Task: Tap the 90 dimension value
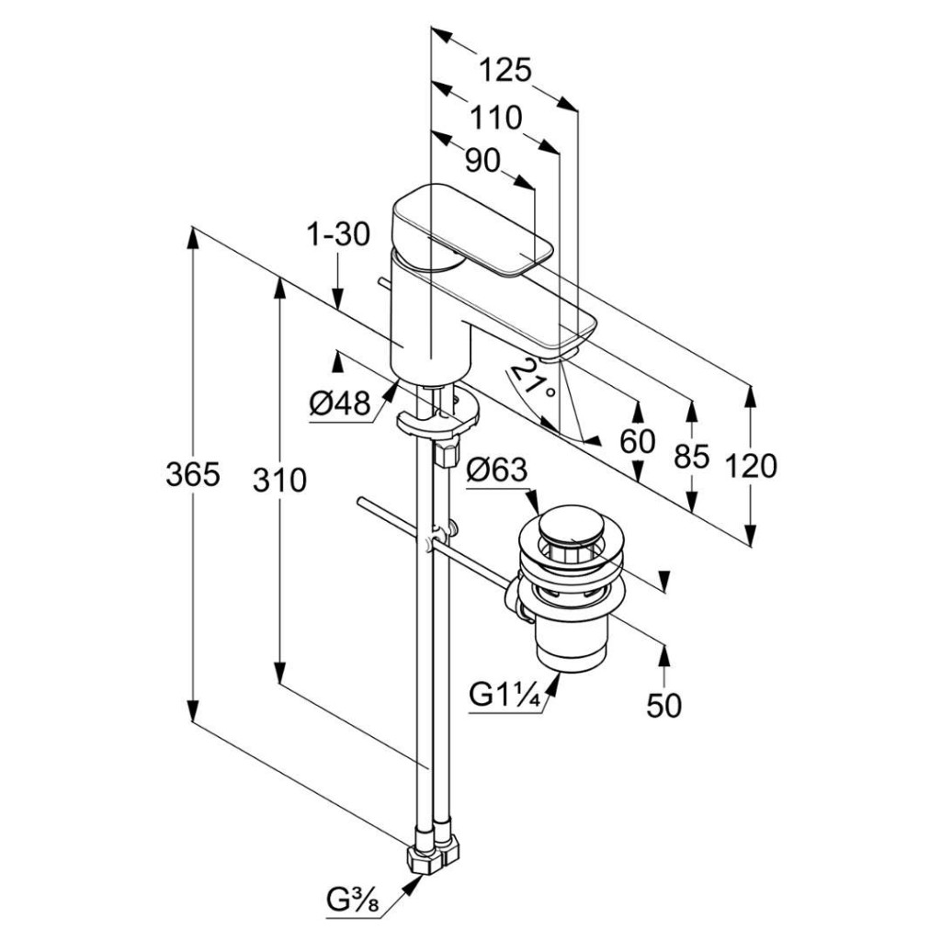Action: click(x=482, y=161)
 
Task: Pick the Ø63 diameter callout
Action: click(x=497, y=470)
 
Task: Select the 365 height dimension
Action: click(x=192, y=475)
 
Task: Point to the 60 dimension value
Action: click(x=637, y=441)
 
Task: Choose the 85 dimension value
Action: click(x=690, y=455)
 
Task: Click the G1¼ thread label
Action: click(x=503, y=694)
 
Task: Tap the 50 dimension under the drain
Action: click(x=663, y=706)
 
